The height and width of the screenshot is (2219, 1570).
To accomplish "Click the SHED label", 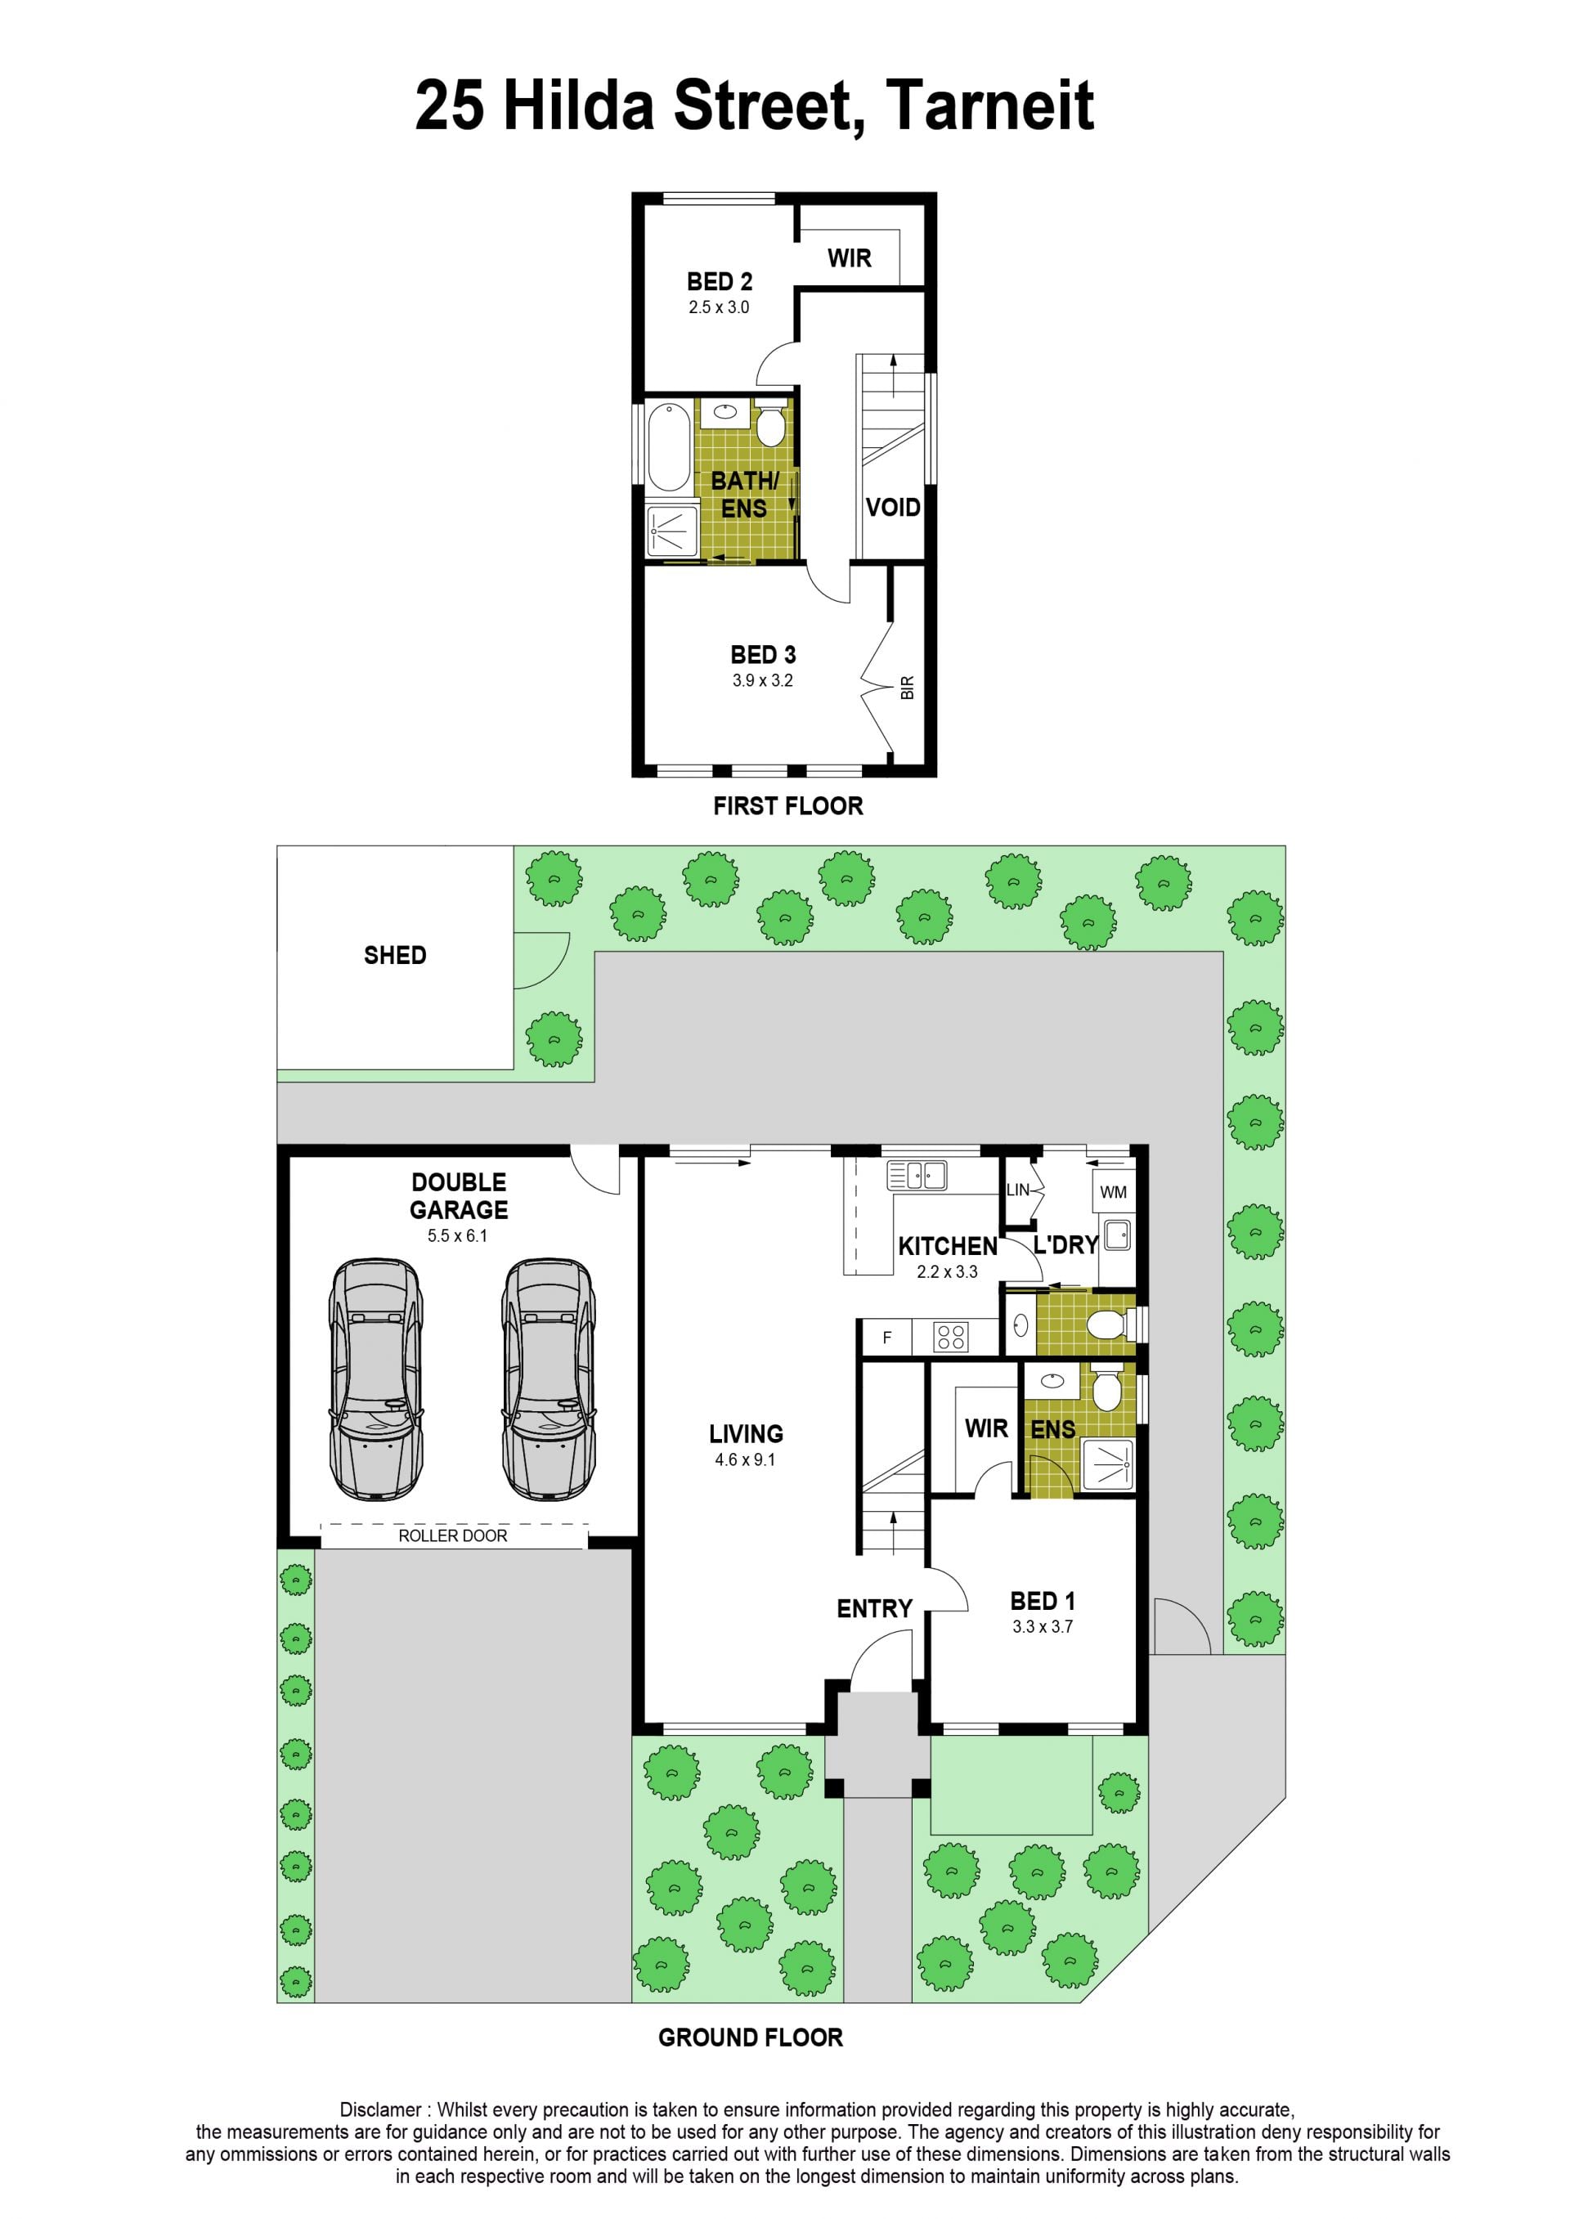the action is pyautogui.click(x=394, y=955).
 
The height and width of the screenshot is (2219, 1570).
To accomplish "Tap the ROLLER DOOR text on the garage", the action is pyautogui.click(x=452, y=1535).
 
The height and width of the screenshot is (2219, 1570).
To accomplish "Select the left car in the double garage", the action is pyautogui.click(x=375, y=1379).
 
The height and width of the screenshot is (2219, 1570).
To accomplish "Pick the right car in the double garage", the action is pyautogui.click(x=548, y=1379).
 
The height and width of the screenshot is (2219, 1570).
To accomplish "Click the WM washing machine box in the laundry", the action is pyautogui.click(x=1113, y=1193).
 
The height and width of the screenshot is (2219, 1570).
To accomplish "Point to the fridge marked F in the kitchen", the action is pyautogui.click(x=886, y=1338).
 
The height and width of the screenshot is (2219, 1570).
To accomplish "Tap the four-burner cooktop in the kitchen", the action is pyautogui.click(x=951, y=1338).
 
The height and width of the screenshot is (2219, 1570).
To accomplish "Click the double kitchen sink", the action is pyautogui.click(x=917, y=1175).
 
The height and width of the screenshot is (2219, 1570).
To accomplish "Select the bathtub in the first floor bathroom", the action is pyautogui.click(x=669, y=447).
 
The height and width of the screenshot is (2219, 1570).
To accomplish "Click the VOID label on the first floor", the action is pyautogui.click(x=892, y=508).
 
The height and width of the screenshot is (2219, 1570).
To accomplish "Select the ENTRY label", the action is pyautogui.click(x=874, y=1608).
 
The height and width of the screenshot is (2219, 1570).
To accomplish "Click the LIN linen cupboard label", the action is pyautogui.click(x=1018, y=1190).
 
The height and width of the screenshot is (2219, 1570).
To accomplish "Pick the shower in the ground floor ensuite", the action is pyautogui.click(x=1108, y=1465).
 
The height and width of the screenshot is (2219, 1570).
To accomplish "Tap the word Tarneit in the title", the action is pyautogui.click(x=990, y=105).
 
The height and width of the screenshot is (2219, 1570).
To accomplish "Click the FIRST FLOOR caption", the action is pyautogui.click(x=788, y=806).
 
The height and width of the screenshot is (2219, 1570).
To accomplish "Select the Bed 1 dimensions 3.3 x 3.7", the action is pyautogui.click(x=1042, y=1626).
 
